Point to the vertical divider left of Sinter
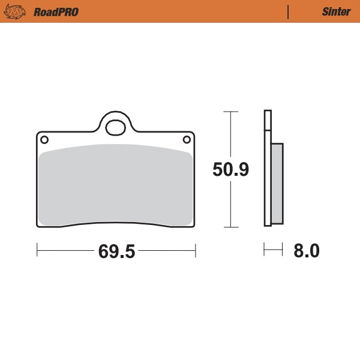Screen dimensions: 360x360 (289, 12)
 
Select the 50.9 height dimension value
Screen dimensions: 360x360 (231, 170)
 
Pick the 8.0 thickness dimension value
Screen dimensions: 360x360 (306, 250)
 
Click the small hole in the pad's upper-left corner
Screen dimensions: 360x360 (44, 140)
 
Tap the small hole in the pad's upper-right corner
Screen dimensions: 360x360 (187, 140)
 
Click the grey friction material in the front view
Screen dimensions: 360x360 (115, 186)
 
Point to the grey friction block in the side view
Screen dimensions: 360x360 (277, 183)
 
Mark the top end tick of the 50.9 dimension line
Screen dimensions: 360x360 (231, 112)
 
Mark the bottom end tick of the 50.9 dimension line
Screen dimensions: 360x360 (231, 227)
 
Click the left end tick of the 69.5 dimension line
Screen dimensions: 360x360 (37, 248)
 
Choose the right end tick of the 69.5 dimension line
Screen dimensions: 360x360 (196, 248)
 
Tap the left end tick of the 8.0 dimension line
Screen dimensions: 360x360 (264, 248)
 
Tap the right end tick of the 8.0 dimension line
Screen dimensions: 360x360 (282, 248)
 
